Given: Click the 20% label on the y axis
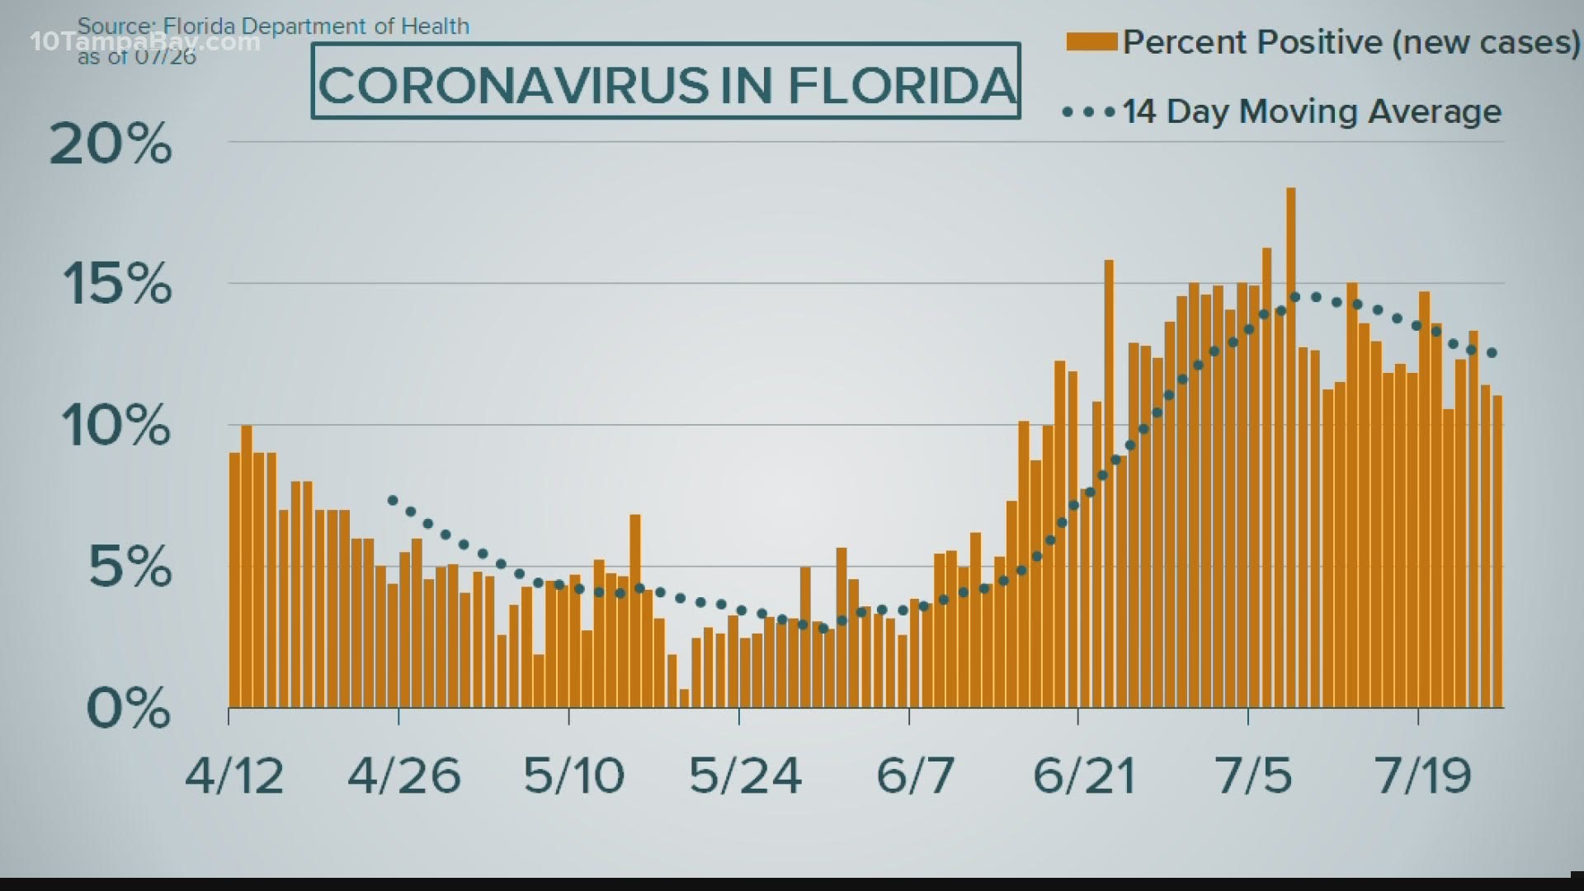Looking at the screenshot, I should (x=111, y=145).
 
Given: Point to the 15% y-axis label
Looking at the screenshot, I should (x=116, y=285).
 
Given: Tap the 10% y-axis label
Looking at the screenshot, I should (x=116, y=427).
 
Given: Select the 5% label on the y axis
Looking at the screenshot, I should (x=130, y=568).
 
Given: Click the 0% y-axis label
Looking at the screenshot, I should (x=128, y=709).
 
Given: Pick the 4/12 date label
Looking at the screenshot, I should (x=234, y=776).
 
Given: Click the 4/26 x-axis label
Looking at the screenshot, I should (x=403, y=776).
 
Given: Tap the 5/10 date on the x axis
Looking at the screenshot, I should (x=573, y=776).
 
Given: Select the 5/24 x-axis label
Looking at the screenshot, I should (x=745, y=776).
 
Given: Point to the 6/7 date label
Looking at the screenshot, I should (x=915, y=776).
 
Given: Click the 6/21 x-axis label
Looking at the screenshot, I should (x=1084, y=776).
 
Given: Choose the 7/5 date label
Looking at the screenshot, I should (x=1253, y=776).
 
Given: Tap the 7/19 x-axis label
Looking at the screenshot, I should (x=1423, y=776).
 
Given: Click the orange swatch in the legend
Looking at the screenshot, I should (x=1091, y=42).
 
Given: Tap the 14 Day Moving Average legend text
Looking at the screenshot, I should (x=1312, y=111).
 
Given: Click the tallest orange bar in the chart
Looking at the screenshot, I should (x=1290, y=445).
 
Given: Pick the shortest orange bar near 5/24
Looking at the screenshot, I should (x=684, y=698).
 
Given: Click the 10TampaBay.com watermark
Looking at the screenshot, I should (x=144, y=42).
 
